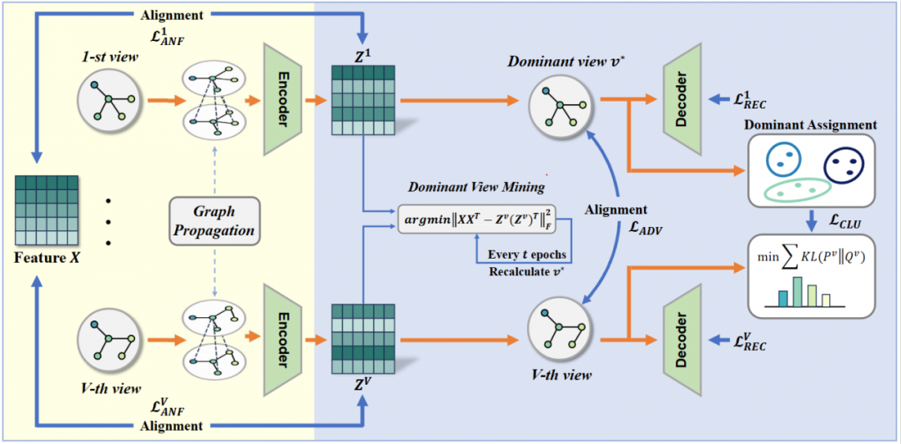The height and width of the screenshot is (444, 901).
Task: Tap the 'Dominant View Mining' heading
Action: pyautogui.click(x=476, y=186)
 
